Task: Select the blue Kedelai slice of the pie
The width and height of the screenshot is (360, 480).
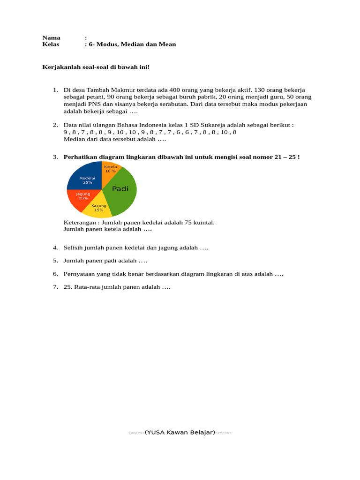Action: [86, 177]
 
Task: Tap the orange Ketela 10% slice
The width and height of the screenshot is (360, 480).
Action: [111, 170]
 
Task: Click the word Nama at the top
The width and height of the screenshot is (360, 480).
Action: [51, 37]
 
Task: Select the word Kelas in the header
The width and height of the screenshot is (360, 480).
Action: [51, 44]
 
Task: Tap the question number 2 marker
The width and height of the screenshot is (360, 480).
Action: [55, 125]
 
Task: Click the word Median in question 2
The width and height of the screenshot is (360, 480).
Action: [73, 139]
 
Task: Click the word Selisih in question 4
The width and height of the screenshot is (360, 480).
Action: [74, 247]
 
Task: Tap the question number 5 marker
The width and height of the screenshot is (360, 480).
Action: [55, 261]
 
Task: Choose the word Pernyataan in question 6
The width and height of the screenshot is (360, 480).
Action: [79, 274]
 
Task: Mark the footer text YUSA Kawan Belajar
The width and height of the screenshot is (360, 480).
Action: [180, 433]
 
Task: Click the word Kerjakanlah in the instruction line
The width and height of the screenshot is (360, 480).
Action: [60, 67]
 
